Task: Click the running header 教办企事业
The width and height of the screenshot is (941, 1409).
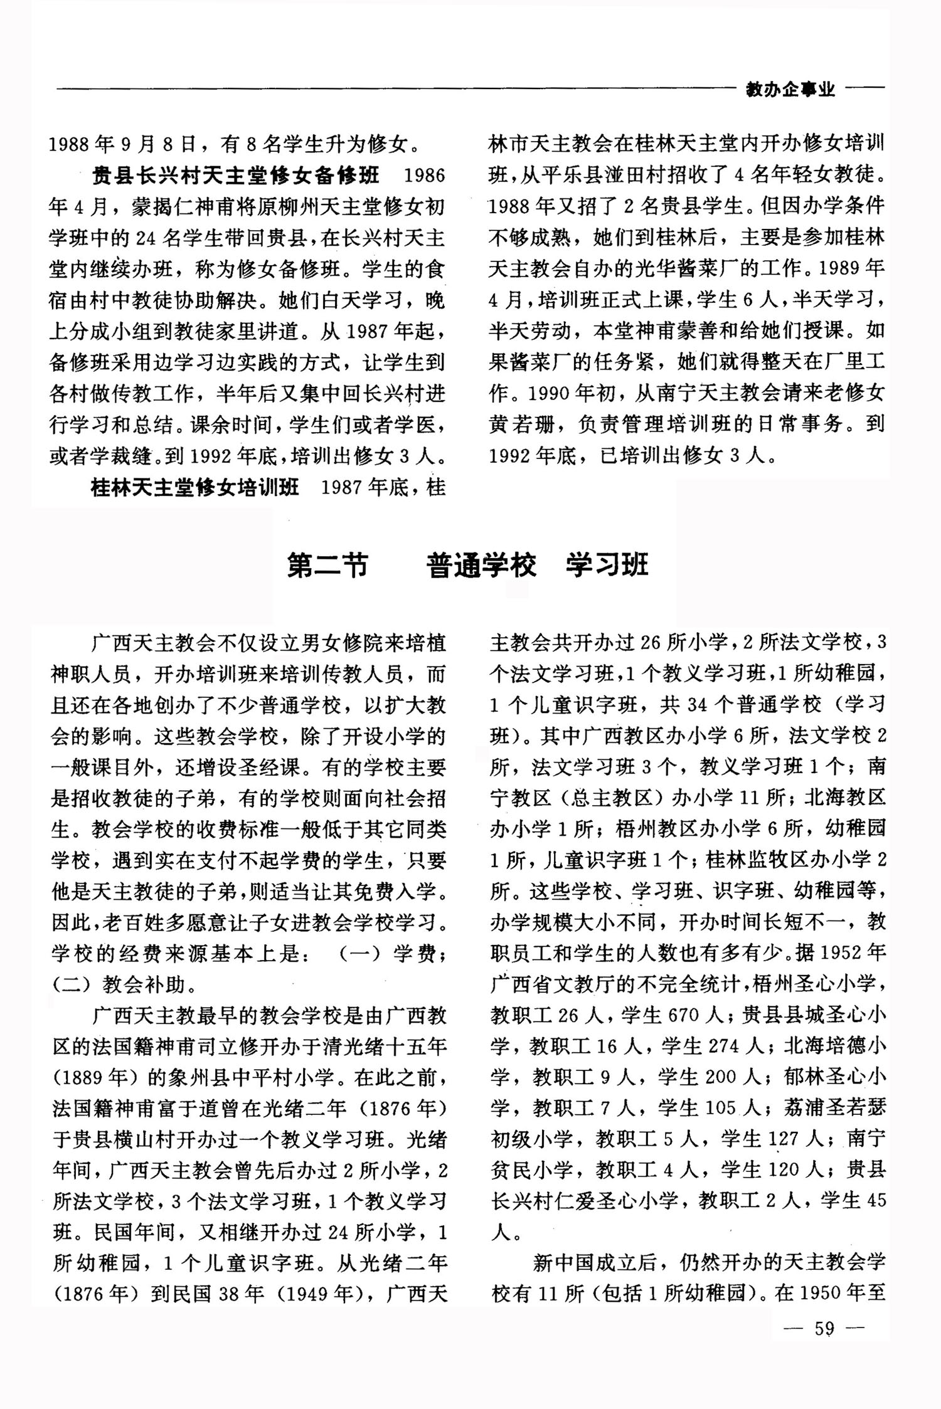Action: click(790, 90)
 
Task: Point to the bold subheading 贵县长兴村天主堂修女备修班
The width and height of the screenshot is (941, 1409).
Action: click(235, 175)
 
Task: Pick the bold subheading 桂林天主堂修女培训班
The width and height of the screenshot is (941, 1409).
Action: click(195, 487)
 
